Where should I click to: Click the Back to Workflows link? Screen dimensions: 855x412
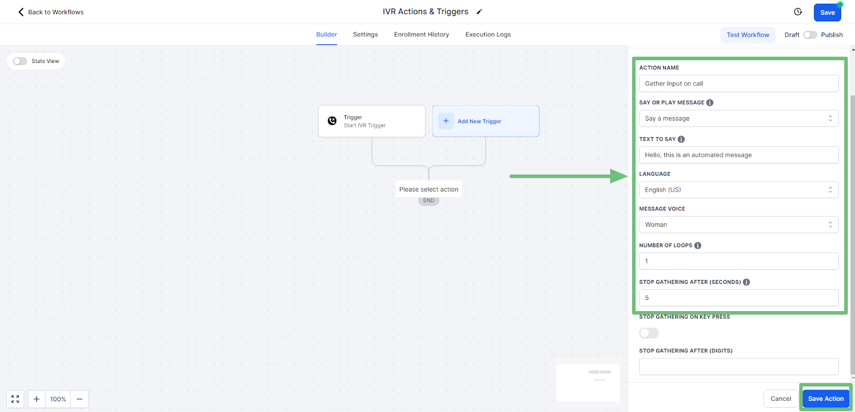point(51,12)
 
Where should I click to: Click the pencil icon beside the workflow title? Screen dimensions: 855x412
point(479,12)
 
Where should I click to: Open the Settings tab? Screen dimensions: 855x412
point(366,34)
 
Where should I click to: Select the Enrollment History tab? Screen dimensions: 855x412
point(422,34)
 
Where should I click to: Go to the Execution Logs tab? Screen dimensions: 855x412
point(488,34)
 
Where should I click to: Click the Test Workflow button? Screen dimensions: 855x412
point(748,35)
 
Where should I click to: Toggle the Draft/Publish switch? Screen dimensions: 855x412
point(810,35)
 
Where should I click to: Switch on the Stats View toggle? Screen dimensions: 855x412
point(20,61)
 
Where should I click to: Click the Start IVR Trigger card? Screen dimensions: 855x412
point(372,121)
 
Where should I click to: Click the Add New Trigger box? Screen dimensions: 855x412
point(486,121)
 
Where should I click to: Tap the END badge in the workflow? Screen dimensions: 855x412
point(429,201)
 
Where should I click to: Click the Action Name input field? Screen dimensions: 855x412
point(739,83)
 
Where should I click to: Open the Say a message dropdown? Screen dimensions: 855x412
point(739,118)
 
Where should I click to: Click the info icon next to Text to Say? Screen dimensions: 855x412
point(681,139)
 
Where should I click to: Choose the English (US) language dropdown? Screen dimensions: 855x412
point(739,190)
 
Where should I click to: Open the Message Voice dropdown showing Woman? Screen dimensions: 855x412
point(739,225)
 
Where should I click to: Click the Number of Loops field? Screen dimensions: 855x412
point(739,261)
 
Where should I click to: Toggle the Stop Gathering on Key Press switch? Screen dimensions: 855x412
point(649,333)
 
